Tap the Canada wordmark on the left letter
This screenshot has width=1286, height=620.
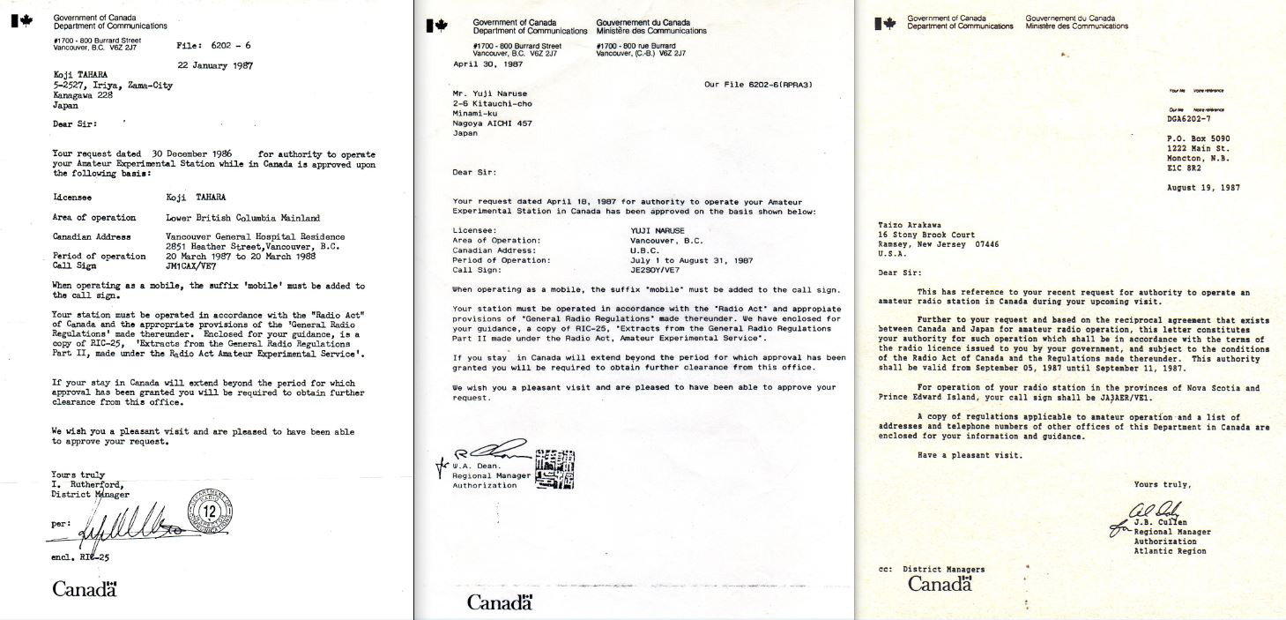85,588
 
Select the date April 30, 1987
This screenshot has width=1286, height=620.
488,64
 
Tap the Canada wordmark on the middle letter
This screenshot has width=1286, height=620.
499,603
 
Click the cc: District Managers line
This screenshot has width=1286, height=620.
932,569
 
